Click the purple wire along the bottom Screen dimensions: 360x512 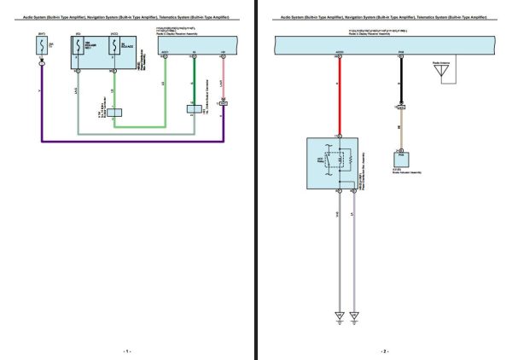(x=128, y=141)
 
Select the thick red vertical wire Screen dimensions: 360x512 (x=339, y=94)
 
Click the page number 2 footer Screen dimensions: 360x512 (x=384, y=350)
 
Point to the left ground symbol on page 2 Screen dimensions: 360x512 (x=339, y=316)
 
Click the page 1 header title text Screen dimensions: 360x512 (x=127, y=17)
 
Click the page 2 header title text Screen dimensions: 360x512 (x=383, y=17)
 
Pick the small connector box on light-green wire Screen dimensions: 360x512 (x=114, y=112)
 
